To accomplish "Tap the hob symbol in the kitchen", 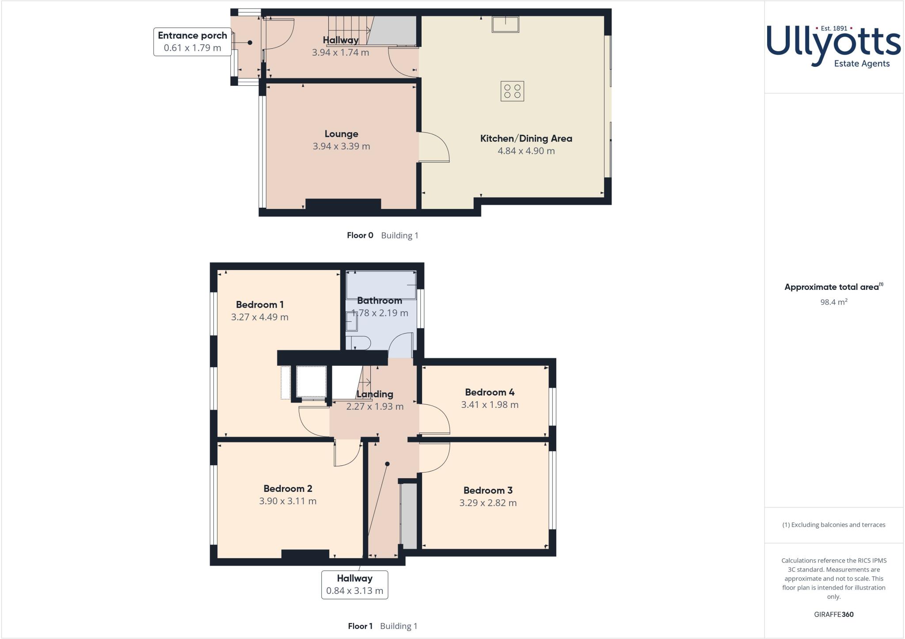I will (x=512, y=91).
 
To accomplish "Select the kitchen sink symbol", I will (x=506, y=24).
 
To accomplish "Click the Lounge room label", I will (x=341, y=134).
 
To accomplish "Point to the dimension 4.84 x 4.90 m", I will (x=526, y=151).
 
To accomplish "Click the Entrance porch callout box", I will (x=192, y=42).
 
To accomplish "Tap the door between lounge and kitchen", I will (x=434, y=147).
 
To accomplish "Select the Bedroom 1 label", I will (x=259, y=304).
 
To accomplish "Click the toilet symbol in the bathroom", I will (x=357, y=343).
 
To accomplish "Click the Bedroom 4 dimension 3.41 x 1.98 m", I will (x=490, y=405).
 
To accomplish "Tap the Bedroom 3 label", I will (x=488, y=490).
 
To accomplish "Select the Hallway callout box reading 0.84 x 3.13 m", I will (x=354, y=585).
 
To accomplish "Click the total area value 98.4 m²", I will (x=833, y=302).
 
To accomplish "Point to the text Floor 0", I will (x=360, y=236).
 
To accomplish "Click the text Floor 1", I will (x=360, y=626).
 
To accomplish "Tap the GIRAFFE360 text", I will (x=833, y=614).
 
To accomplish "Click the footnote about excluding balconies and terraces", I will (x=833, y=525).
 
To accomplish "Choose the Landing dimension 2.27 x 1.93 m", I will (x=375, y=407).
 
